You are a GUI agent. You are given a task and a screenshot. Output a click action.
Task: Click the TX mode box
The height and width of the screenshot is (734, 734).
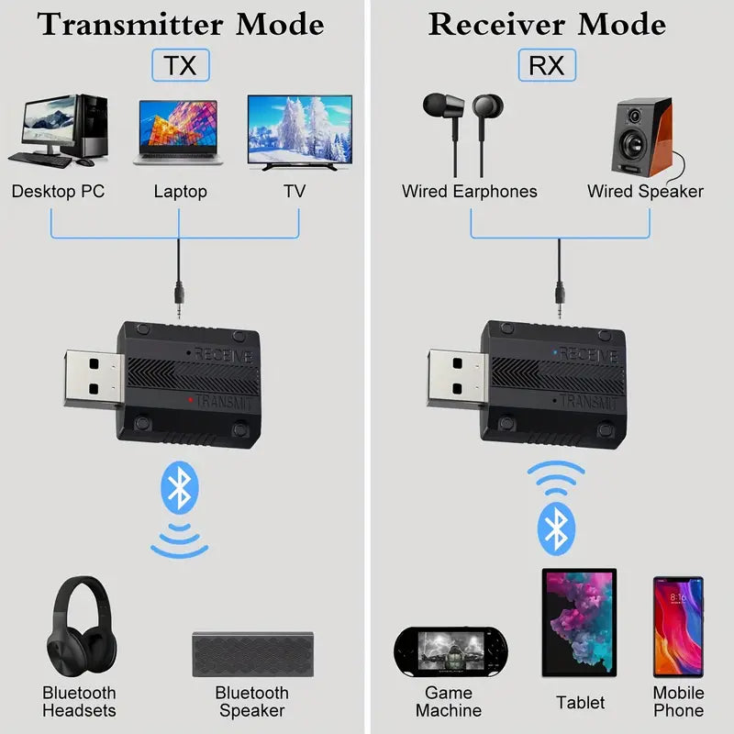pyautogui.click(x=180, y=65)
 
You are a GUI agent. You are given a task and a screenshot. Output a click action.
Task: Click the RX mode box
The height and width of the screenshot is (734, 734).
pyautogui.click(x=549, y=65)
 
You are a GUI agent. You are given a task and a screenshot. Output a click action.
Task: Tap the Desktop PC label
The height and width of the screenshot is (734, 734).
pyautogui.click(x=58, y=192)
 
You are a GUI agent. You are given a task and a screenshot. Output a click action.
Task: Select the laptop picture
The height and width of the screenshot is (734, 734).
pyautogui.click(x=180, y=133)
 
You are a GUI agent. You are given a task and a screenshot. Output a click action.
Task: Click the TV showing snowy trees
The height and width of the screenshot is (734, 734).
pyautogui.click(x=299, y=132)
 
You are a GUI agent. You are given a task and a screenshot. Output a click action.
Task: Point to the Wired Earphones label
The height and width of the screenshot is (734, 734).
pyautogui.click(x=469, y=192)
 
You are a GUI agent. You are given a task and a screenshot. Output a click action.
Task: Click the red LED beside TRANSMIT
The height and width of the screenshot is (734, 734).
pyautogui.click(x=189, y=400)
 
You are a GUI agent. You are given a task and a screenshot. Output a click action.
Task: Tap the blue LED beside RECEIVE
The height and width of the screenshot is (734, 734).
pyautogui.click(x=554, y=351)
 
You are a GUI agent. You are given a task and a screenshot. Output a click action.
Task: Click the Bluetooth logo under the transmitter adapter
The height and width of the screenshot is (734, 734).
pyautogui.click(x=180, y=488)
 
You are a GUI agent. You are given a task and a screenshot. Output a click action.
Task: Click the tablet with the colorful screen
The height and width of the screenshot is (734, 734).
pyautogui.click(x=579, y=623)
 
